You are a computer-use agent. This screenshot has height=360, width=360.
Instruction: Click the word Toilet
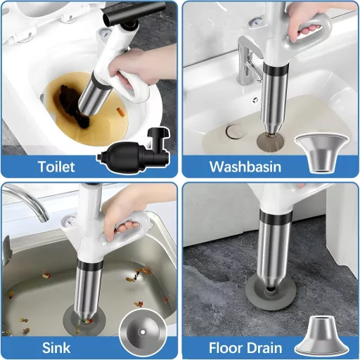click(58, 167)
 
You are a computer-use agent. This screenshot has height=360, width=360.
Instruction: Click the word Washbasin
click(245, 167)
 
